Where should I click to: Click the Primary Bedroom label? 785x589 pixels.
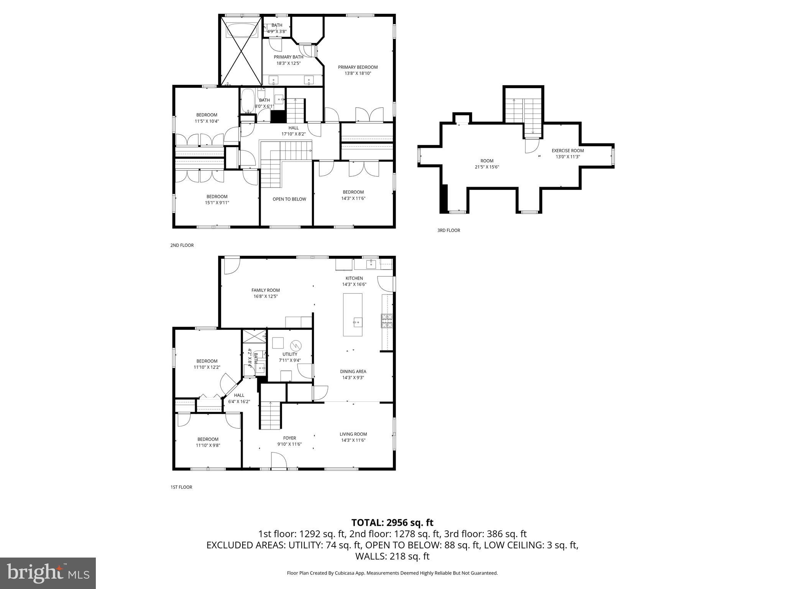point(358,67)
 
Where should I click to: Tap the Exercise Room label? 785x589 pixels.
point(568,151)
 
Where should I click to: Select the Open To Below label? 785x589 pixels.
point(289,199)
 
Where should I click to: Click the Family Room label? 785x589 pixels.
point(266,290)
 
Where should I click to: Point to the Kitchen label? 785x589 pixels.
point(354,278)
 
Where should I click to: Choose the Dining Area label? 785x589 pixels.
point(353,371)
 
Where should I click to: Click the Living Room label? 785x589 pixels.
point(353,434)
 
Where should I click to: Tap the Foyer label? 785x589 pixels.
point(289,438)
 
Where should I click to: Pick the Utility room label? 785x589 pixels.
point(290,354)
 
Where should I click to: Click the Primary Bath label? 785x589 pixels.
point(288,57)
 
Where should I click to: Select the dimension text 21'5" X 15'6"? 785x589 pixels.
point(487,167)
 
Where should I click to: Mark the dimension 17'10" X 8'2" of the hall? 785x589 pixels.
point(293,134)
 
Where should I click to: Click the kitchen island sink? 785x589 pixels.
point(357,322)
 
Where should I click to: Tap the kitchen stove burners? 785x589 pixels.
point(387,321)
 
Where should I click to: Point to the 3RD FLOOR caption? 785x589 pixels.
point(448,230)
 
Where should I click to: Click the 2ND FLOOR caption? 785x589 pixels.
point(182,245)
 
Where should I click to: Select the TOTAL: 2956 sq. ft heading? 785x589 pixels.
point(392,523)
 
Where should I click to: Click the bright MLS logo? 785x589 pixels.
point(48,573)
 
